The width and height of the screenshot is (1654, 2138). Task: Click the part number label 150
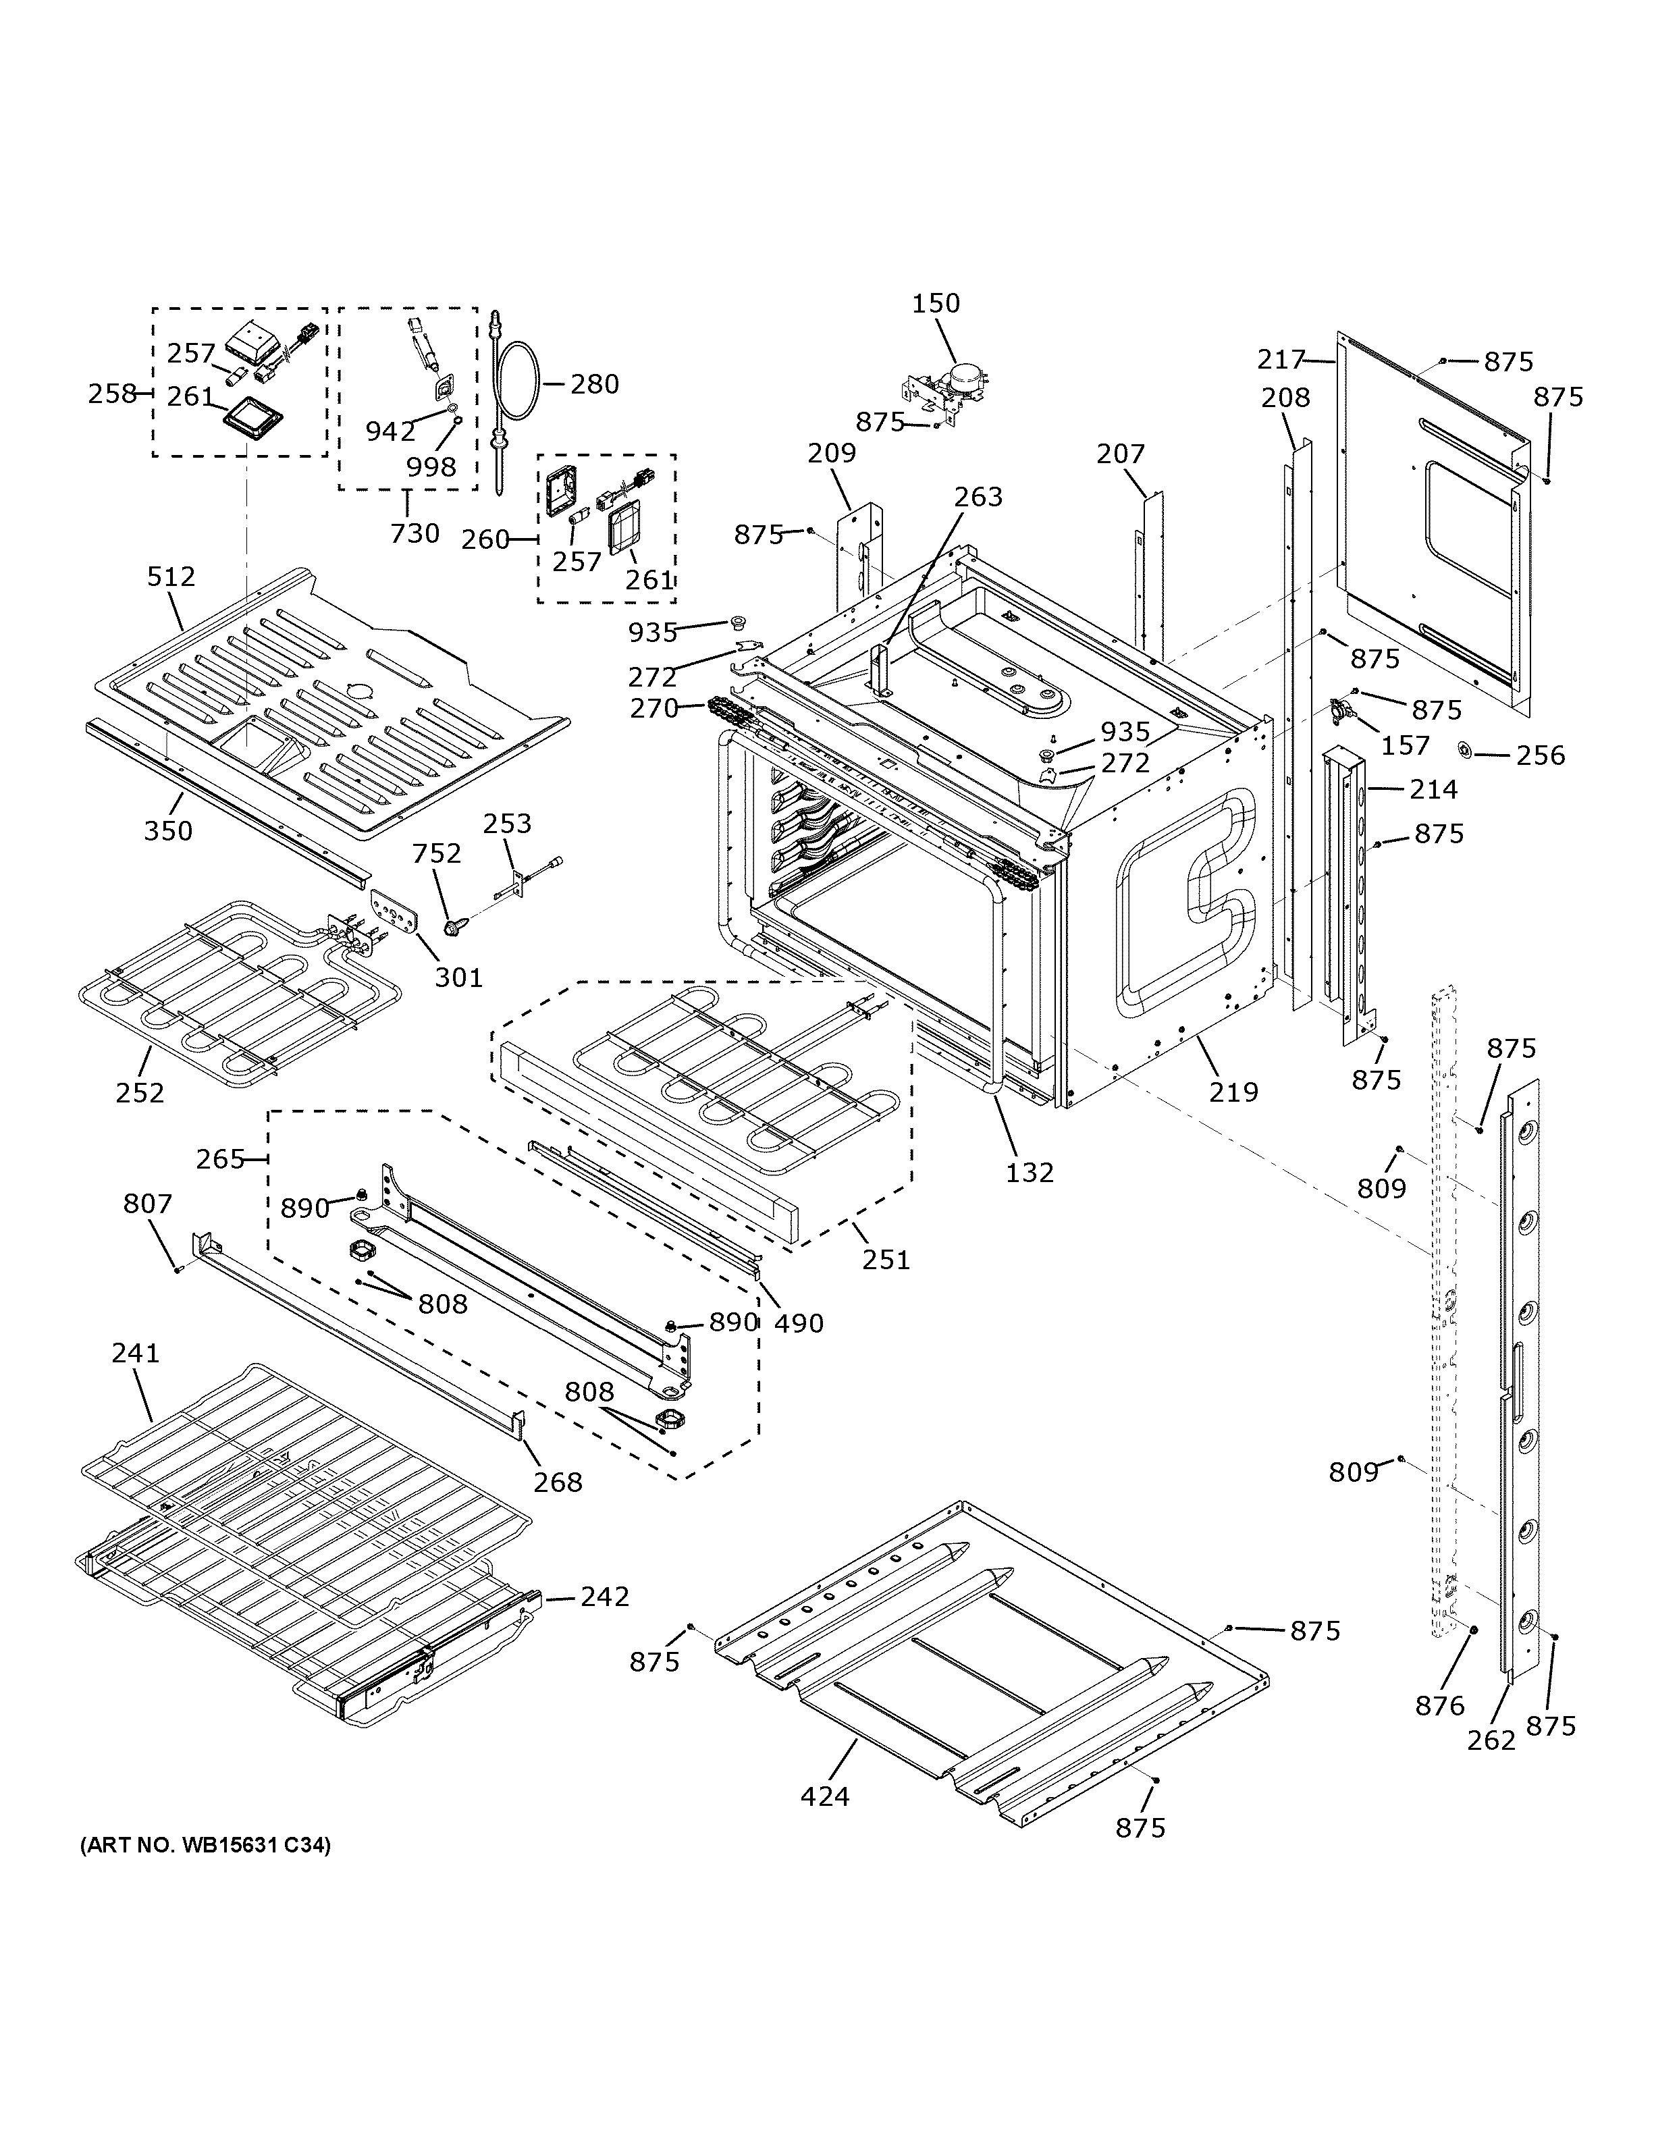[936, 304]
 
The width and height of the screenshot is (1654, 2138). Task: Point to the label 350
[168, 831]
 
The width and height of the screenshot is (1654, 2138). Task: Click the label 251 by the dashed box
[886, 1259]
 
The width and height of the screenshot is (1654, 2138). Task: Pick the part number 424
[824, 1796]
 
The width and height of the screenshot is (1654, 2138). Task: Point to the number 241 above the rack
[135, 1354]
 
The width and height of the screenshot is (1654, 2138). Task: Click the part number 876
[1440, 1707]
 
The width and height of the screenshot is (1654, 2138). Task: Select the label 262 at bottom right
[1491, 1740]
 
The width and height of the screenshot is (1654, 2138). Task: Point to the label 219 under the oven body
[1233, 1092]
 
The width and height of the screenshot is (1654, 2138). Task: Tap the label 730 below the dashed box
[415, 533]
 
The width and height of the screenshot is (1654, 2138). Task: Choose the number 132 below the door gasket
[1030, 1172]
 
